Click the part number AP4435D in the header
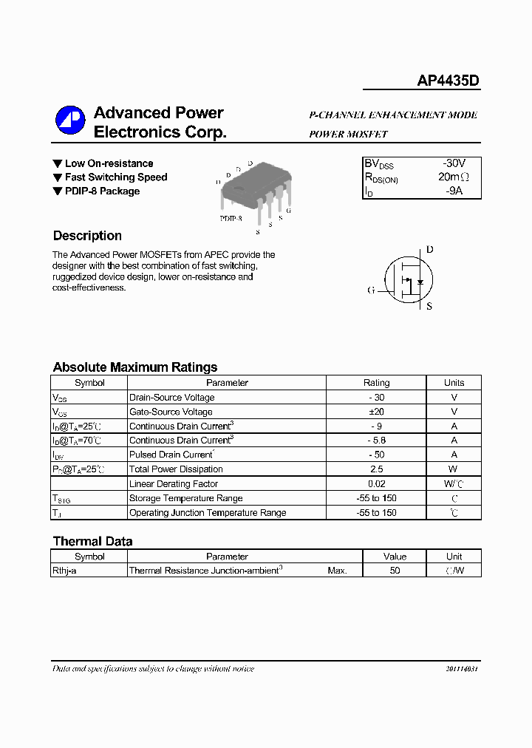click(x=449, y=81)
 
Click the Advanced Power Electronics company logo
click(x=70, y=120)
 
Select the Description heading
click(x=87, y=236)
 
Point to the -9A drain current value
click(x=454, y=191)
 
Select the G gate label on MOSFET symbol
click(x=371, y=290)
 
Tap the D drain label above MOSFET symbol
click(x=429, y=250)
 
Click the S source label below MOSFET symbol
click(x=429, y=306)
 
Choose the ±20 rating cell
click(x=376, y=412)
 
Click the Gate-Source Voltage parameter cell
click(x=171, y=412)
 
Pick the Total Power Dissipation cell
click(x=176, y=469)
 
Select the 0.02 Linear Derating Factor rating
click(x=376, y=484)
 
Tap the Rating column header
click(x=376, y=383)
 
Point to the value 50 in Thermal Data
click(x=395, y=571)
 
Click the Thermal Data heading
click(x=93, y=541)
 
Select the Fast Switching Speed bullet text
click(x=116, y=177)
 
